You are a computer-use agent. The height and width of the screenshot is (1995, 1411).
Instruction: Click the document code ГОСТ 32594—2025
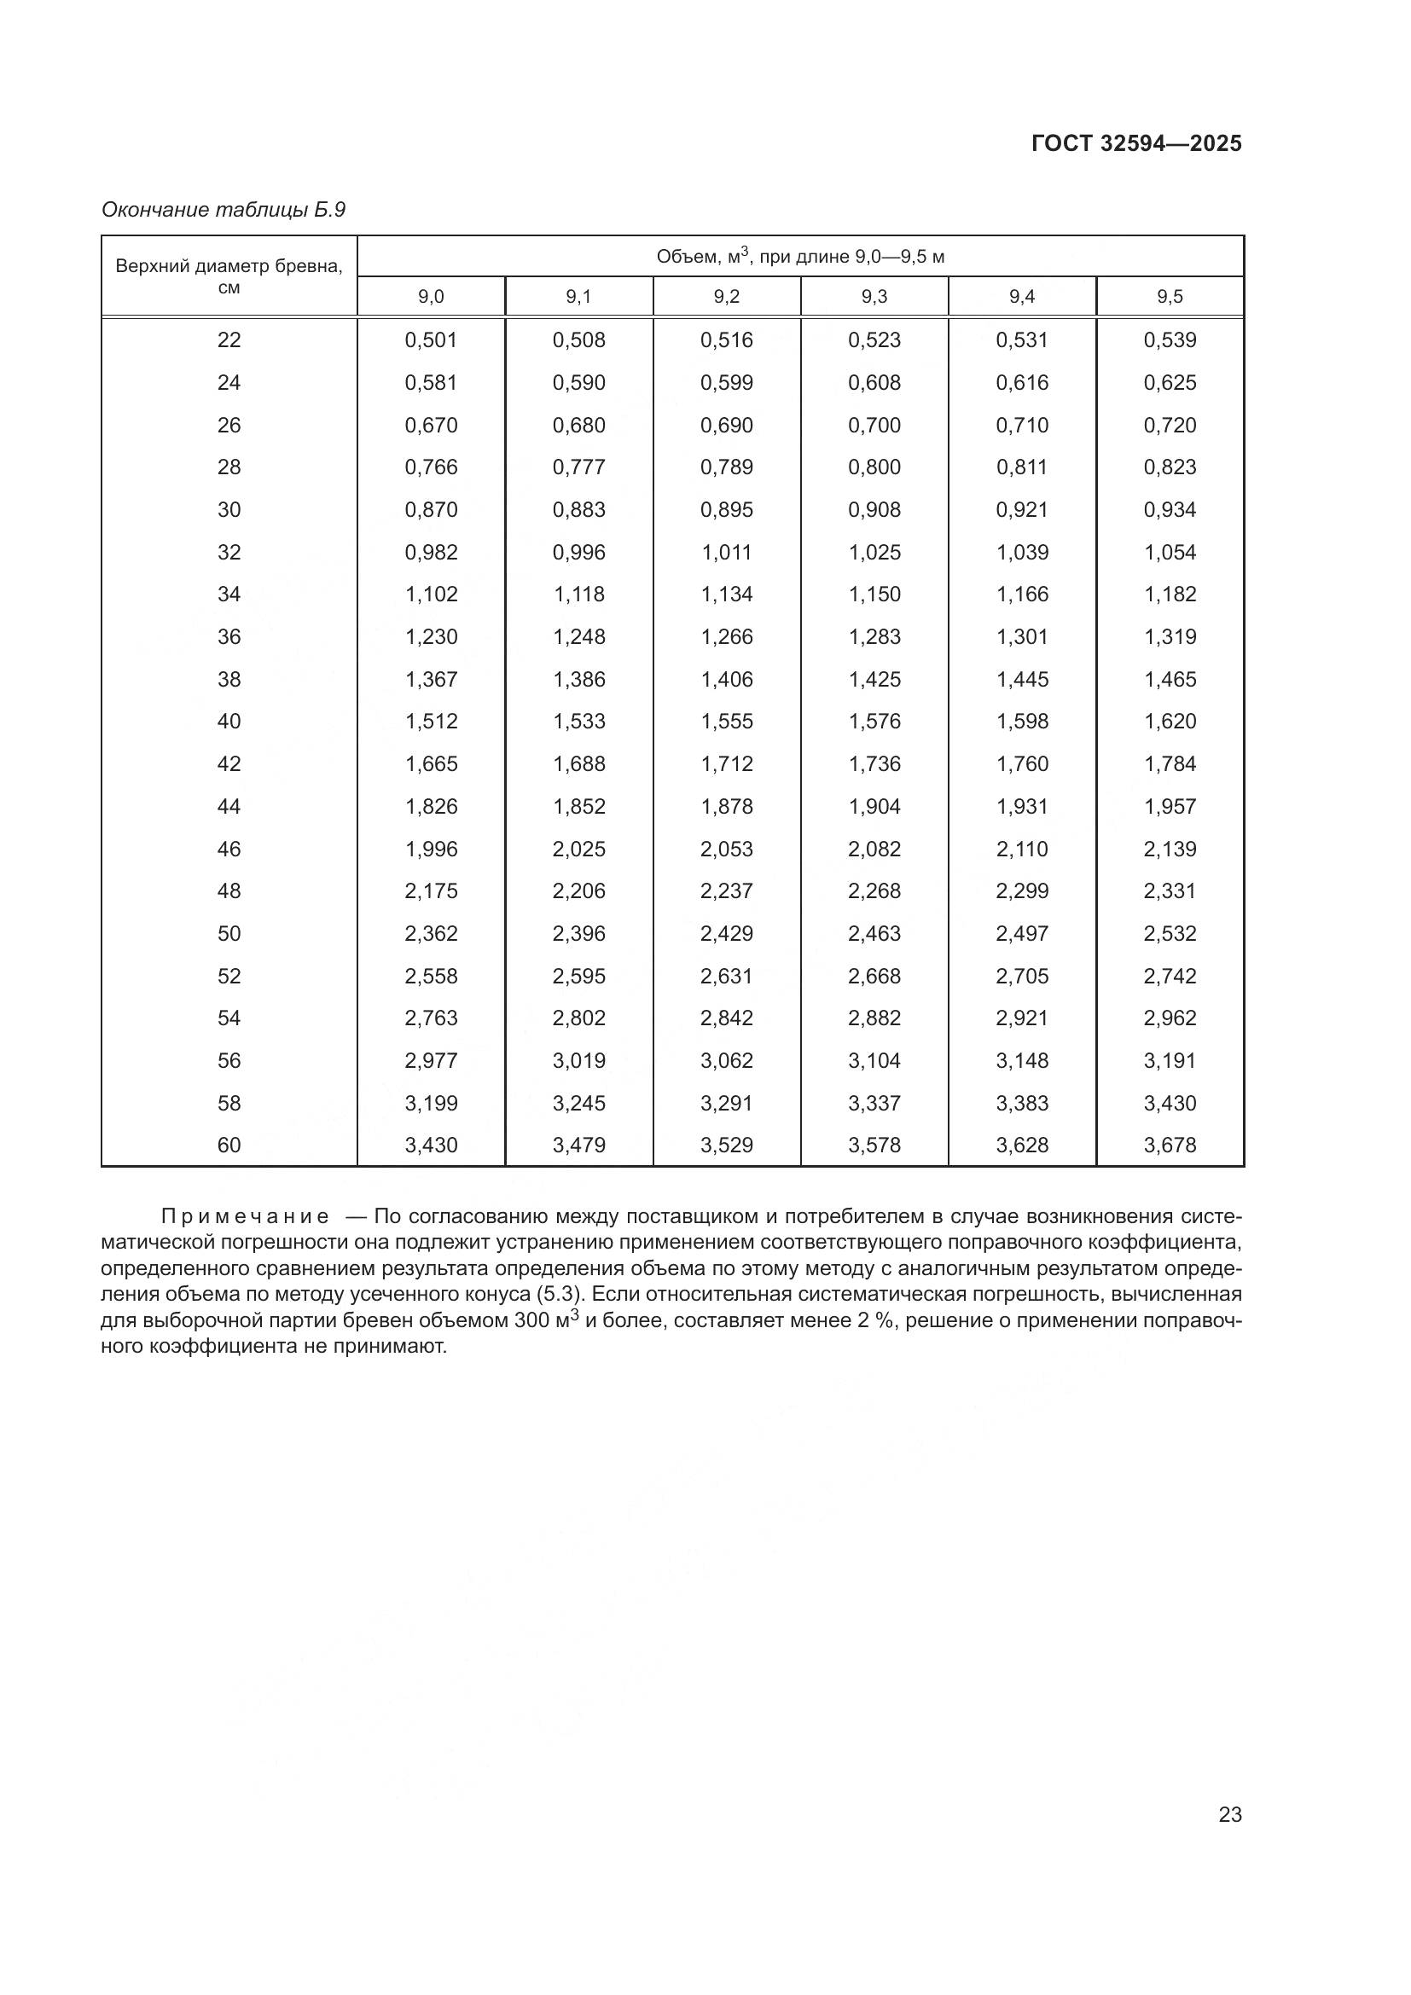click(1136, 143)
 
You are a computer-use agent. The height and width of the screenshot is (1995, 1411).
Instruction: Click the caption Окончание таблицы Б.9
click(224, 210)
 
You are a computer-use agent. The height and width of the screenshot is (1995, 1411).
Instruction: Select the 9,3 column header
click(874, 297)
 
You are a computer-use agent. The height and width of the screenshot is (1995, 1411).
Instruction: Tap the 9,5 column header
click(1170, 297)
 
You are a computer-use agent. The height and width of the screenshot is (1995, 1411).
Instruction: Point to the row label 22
click(229, 339)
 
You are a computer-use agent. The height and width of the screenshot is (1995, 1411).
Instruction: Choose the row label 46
click(229, 849)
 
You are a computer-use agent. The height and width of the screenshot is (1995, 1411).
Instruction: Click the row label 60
click(229, 1145)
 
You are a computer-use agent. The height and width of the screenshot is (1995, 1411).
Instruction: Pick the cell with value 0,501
click(431, 339)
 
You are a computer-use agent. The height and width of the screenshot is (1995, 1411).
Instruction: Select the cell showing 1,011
click(726, 552)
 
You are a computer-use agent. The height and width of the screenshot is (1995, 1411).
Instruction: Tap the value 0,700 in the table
click(874, 425)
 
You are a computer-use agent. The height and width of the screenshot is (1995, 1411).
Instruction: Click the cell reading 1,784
click(1170, 763)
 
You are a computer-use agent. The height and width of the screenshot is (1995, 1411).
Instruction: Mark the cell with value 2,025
click(578, 849)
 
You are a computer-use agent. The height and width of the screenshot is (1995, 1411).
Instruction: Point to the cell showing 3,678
click(1170, 1145)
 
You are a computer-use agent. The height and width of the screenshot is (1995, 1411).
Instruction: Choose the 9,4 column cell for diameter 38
click(1022, 680)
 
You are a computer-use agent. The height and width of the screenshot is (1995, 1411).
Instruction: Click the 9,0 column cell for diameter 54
click(431, 1018)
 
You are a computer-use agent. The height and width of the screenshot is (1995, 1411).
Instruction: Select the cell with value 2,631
click(726, 976)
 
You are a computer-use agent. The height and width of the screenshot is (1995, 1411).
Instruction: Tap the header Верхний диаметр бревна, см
click(229, 275)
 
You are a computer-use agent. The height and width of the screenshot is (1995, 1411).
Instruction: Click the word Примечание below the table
click(245, 1216)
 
